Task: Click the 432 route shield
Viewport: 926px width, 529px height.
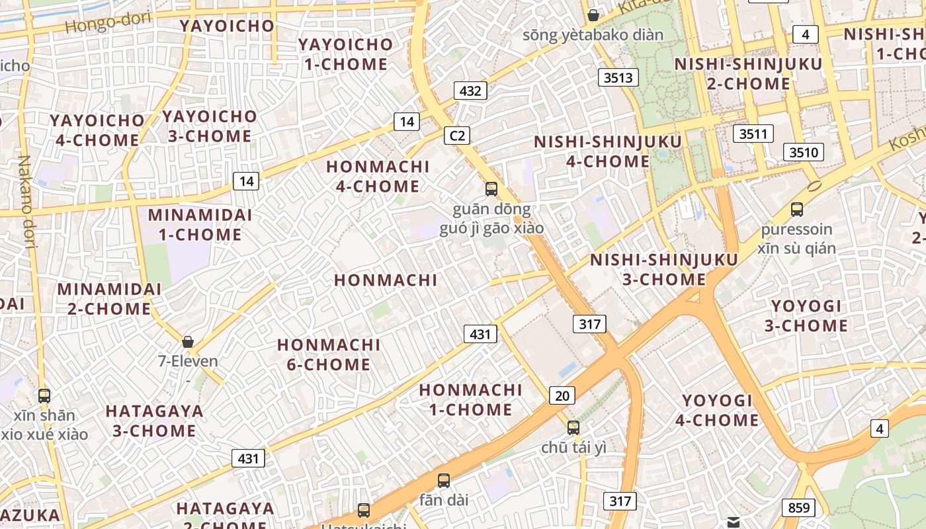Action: click(x=470, y=91)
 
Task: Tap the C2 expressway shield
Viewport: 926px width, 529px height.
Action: click(x=457, y=136)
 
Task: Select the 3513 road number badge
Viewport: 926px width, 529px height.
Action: click(x=618, y=77)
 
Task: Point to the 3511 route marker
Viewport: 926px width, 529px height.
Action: click(x=753, y=134)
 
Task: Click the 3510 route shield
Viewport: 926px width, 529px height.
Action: click(x=804, y=152)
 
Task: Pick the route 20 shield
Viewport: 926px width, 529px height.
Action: click(x=562, y=395)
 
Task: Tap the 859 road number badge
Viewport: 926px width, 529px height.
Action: click(x=799, y=508)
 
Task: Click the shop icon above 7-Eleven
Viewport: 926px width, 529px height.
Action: click(x=188, y=342)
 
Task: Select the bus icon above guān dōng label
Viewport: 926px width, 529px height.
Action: click(x=491, y=189)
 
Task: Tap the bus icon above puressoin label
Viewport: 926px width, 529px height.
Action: click(x=797, y=210)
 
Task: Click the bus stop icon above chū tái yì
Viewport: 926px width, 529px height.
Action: click(x=573, y=427)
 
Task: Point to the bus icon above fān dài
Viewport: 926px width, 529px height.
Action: click(x=444, y=481)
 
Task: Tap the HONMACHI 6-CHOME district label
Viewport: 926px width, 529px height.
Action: click(x=329, y=354)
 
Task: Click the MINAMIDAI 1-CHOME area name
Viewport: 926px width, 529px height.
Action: click(x=200, y=225)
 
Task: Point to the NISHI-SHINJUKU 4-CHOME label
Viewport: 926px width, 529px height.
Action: click(x=608, y=151)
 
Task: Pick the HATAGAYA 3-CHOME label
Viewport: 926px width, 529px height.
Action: click(x=154, y=421)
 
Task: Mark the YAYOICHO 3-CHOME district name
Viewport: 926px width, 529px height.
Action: click(x=209, y=126)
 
